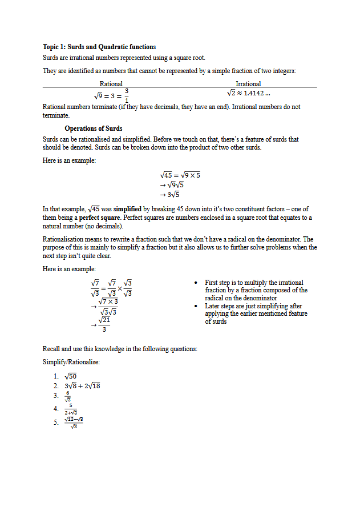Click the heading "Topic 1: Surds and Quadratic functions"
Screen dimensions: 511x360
(99, 47)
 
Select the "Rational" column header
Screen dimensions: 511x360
(111, 84)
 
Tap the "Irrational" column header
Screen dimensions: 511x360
(248, 84)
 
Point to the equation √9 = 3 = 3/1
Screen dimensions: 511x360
(111, 95)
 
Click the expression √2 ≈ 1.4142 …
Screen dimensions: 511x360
(248, 93)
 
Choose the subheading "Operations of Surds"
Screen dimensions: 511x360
(94, 128)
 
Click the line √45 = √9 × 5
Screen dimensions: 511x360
(180, 175)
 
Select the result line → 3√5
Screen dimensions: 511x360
(172, 195)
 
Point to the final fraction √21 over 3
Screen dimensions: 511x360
(104, 324)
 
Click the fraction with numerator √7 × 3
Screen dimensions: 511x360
(108, 306)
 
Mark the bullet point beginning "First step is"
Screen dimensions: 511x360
(254, 290)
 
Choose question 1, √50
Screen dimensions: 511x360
(71, 376)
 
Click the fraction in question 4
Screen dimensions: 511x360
(71, 409)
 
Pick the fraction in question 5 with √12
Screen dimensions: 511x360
(74, 423)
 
